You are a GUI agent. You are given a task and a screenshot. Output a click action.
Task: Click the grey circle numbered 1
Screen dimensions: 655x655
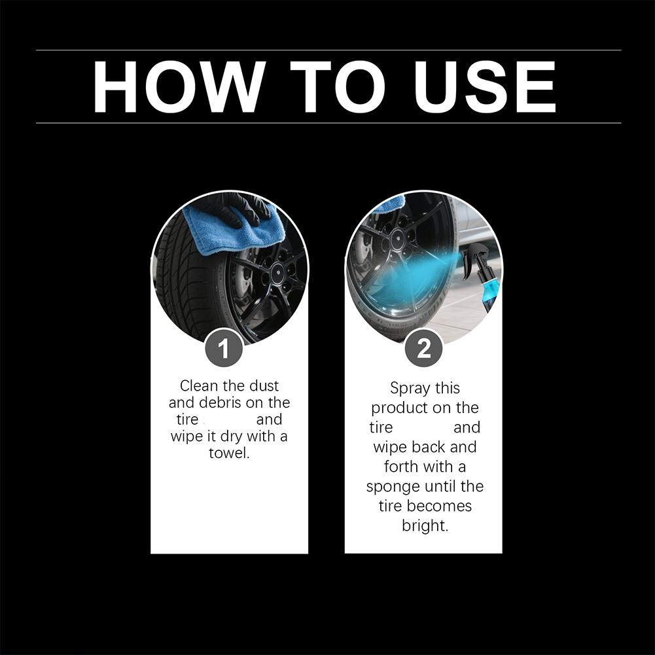[x=223, y=348]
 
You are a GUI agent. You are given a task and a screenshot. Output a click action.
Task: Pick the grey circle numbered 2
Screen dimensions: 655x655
[x=424, y=348]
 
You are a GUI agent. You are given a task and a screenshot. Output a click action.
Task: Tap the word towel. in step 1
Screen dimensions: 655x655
[x=229, y=453]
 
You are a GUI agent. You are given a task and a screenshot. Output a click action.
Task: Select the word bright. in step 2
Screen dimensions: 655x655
[x=425, y=526]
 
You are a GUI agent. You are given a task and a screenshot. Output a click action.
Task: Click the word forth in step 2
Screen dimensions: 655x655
[x=401, y=467]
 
